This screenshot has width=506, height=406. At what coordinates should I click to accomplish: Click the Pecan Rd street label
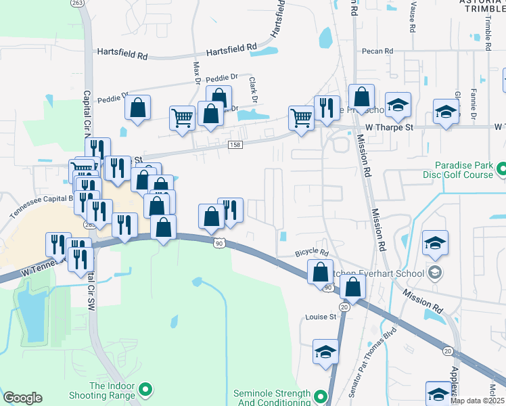pyautogui.click(x=378, y=51)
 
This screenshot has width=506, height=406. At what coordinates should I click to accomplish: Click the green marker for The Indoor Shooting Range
pyautogui.click(x=145, y=388)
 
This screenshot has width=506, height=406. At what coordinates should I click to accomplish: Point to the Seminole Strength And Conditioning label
pyautogui.click(x=271, y=399)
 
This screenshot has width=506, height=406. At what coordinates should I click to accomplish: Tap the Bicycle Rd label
pyautogui.click(x=311, y=252)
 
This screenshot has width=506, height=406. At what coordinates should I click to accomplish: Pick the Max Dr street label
pyautogui.click(x=198, y=73)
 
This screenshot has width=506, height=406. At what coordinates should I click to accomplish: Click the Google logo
pyautogui.click(x=22, y=398)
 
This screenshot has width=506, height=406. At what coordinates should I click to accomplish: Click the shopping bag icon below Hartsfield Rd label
pyautogui.click(x=137, y=108)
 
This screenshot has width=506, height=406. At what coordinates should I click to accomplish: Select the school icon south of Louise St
pyautogui.click(x=325, y=353)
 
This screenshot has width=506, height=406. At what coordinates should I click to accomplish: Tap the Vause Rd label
pyautogui.click(x=411, y=16)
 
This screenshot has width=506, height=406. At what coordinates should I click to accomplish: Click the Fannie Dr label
pyautogui.click(x=473, y=104)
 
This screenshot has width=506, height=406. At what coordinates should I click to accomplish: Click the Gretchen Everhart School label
pyautogui.click(x=375, y=273)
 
